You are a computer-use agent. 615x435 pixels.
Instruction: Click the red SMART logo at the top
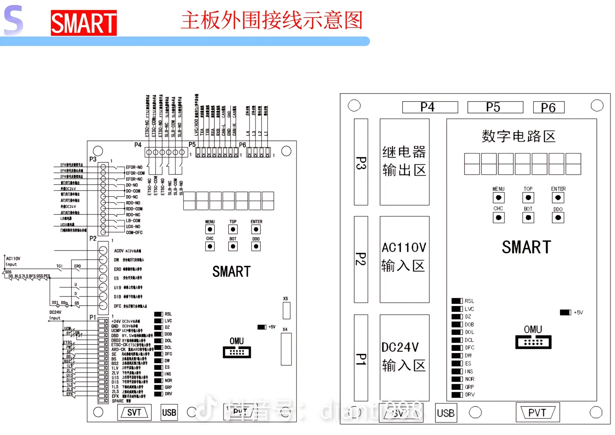84,23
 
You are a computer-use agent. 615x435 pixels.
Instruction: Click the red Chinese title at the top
272,20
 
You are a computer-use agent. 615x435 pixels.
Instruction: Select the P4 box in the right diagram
430,107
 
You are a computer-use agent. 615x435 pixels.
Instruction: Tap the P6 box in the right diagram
548,108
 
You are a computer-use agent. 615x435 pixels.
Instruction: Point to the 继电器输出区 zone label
404,161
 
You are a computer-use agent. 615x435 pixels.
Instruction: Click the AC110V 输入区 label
404,257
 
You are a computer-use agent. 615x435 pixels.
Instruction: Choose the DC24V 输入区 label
404,356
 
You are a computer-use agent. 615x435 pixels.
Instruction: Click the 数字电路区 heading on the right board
519,136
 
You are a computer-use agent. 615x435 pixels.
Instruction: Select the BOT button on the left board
233,247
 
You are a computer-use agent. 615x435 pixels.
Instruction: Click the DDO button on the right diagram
558,218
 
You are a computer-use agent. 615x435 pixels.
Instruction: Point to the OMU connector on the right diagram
533,342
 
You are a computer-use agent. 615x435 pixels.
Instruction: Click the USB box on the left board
169,412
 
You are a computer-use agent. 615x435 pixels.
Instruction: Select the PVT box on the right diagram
538,412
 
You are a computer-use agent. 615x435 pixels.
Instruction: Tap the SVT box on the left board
134,412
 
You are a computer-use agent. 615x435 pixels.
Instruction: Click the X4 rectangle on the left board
286,349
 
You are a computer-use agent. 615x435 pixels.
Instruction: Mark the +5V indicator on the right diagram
565,312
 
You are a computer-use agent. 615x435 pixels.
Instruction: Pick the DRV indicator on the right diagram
457,395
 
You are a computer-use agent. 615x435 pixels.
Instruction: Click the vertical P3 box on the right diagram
361,162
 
